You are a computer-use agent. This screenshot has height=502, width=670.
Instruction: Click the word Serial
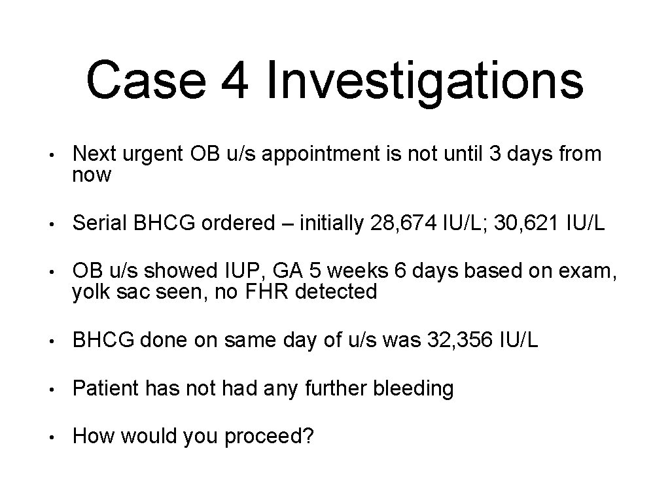click(100, 224)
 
